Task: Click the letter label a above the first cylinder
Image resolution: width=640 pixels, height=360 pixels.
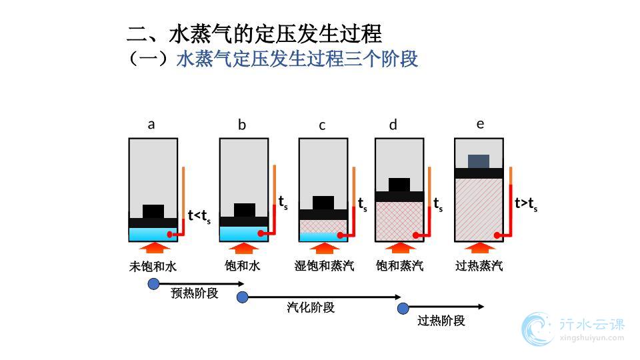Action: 151,124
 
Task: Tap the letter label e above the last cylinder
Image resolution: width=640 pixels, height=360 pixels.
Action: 480,123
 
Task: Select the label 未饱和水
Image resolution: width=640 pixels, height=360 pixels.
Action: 153,267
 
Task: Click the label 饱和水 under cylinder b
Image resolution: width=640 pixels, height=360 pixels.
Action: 242,266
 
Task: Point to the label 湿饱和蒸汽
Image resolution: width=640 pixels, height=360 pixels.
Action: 324,266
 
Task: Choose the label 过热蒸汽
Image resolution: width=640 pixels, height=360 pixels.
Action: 479,266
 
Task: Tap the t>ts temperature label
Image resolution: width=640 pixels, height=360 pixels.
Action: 526,204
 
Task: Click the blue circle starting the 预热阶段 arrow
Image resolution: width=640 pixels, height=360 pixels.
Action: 153,284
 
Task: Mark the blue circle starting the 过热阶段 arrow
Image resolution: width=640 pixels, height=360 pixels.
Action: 403,308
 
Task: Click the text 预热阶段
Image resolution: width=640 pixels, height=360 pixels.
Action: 194,293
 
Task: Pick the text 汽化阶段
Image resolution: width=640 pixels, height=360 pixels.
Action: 311,307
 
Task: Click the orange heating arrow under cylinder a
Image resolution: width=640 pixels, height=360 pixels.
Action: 153,249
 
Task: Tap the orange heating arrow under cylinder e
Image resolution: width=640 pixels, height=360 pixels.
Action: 478,249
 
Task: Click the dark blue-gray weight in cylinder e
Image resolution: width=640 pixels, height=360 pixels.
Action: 478,161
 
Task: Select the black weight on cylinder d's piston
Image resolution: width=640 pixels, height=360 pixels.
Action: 399,185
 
